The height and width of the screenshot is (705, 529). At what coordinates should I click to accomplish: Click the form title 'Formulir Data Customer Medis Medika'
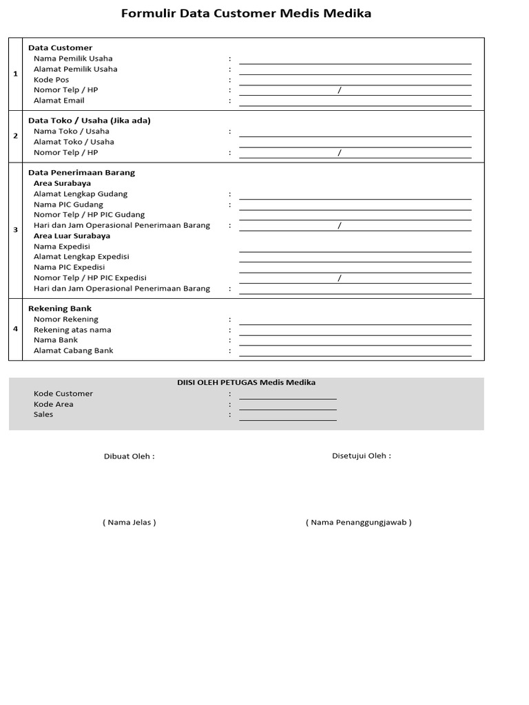click(x=246, y=14)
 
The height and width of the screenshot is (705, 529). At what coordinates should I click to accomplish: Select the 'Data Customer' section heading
click(x=60, y=48)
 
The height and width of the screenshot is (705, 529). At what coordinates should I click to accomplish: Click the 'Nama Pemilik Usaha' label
click(x=73, y=59)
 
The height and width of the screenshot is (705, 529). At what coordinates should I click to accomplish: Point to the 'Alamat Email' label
click(x=59, y=101)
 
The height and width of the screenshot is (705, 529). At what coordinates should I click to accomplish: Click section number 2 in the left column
click(x=15, y=136)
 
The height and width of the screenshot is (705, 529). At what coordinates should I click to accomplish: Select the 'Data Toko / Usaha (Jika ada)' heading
click(x=89, y=120)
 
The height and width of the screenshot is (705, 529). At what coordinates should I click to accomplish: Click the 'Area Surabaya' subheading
click(x=62, y=184)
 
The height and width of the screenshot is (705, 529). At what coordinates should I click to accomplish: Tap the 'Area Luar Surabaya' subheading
click(x=72, y=236)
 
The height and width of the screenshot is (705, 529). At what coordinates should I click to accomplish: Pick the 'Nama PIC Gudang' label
click(x=68, y=204)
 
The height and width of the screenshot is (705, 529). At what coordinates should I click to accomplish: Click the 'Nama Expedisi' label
click(x=62, y=246)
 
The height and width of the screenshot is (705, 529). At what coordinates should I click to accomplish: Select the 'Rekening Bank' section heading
click(x=59, y=308)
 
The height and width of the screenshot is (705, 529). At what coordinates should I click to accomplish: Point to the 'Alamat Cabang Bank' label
click(x=74, y=350)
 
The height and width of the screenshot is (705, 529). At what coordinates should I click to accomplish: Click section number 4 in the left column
click(x=15, y=328)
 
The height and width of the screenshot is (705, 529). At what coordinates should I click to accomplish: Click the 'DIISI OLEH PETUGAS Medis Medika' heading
click(x=246, y=383)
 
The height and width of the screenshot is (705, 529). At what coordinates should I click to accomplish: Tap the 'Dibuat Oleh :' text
click(x=129, y=456)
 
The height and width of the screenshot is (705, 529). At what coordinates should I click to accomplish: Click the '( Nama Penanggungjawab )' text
click(x=358, y=523)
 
